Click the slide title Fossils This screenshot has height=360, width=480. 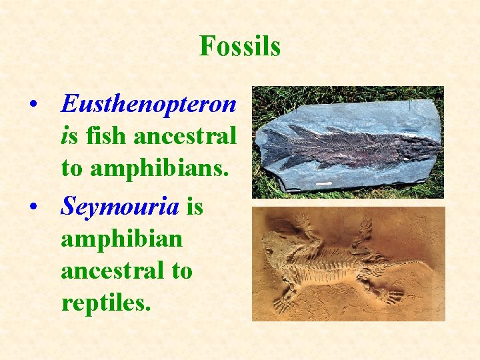point(239,47)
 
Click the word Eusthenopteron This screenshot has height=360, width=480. point(148,103)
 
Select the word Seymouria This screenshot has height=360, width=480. point(120,207)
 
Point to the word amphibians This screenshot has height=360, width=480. point(164,168)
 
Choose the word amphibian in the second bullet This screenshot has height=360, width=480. point(121,239)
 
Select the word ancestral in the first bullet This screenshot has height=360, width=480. point(185,136)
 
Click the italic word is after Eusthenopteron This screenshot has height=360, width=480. point(67,136)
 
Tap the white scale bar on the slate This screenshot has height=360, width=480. point(324,182)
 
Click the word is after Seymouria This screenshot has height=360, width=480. point(194,207)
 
